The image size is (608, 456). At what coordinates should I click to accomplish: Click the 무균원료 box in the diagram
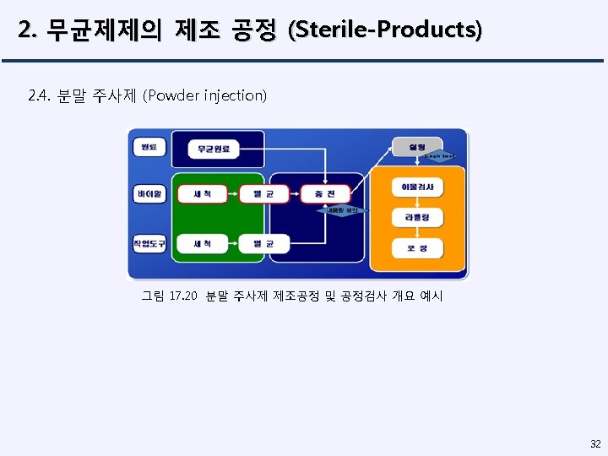(214, 149)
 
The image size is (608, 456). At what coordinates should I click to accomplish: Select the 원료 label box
(149, 148)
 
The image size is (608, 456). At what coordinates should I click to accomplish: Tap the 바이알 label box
(149, 194)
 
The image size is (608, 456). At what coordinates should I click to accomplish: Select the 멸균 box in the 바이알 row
(263, 194)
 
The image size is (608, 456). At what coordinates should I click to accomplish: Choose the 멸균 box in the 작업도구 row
(263, 244)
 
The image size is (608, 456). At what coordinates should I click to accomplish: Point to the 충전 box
(325, 194)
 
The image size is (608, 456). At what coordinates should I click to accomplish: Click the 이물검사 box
(417, 186)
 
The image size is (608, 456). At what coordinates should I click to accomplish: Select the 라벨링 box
(417, 217)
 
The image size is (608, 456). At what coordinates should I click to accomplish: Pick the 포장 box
(417, 248)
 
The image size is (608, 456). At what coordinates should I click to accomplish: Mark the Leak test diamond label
(439, 156)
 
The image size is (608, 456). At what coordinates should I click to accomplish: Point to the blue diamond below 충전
(343, 209)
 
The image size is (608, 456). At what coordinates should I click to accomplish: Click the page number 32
(595, 443)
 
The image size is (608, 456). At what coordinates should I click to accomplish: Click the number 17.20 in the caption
(182, 296)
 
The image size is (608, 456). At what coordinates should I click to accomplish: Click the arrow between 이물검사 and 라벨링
(417, 202)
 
